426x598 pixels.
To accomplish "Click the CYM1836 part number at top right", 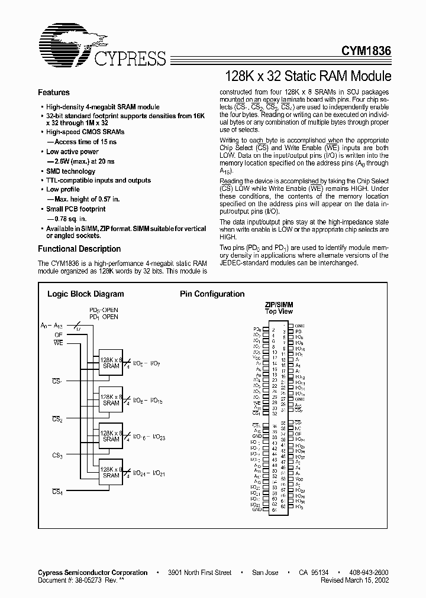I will click(x=366, y=52).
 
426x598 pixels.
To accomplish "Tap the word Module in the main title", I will click(x=367, y=76).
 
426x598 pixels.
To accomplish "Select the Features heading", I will click(x=54, y=93).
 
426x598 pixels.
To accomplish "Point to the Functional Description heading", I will click(x=79, y=249).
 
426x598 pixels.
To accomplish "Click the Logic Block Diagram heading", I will click(x=85, y=294).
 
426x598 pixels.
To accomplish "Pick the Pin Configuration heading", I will click(x=212, y=294).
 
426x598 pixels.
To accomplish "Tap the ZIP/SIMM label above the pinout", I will click(x=279, y=305).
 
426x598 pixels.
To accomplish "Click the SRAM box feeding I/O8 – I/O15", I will click(x=111, y=400).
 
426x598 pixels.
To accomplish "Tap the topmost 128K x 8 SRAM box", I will click(x=111, y=363).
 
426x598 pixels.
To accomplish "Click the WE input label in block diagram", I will click(x=59, y=343).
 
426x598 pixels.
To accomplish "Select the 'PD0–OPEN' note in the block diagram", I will click(x=104, y=310).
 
